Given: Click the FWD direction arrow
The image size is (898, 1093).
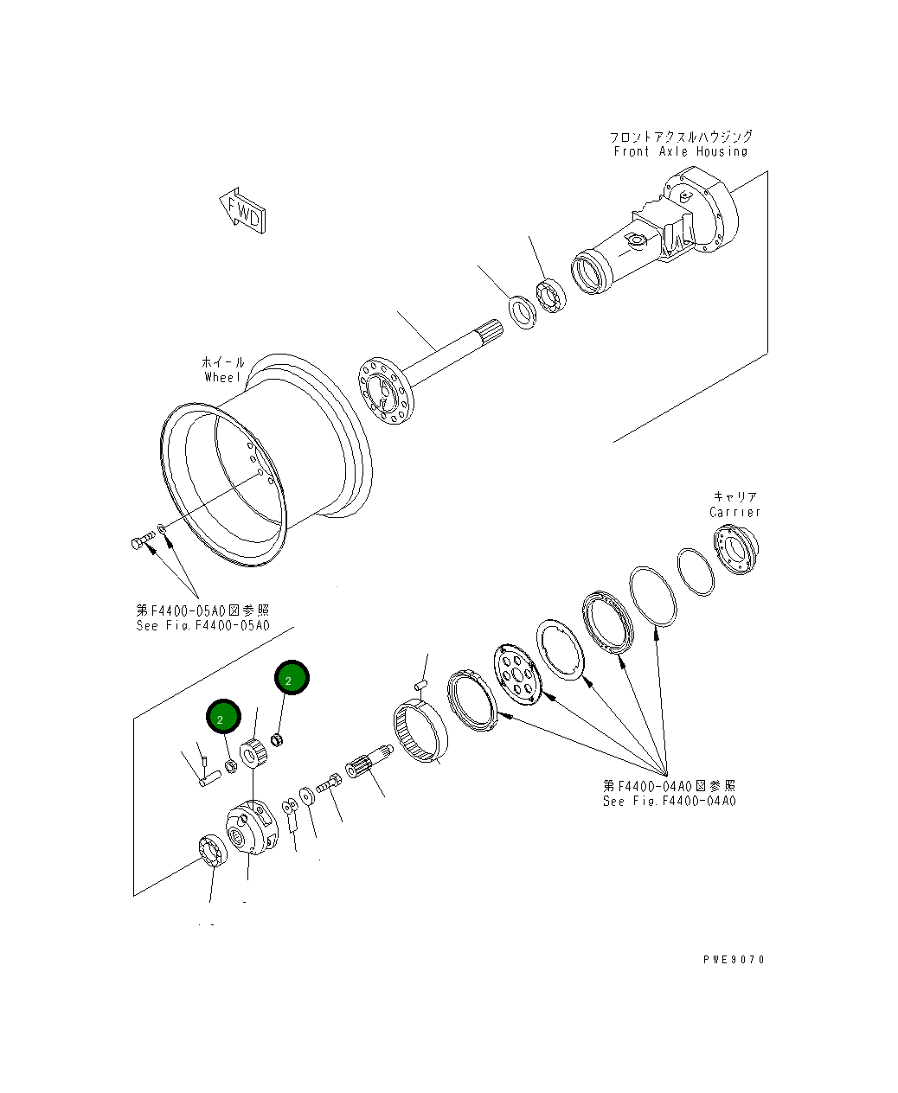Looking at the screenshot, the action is point(242,211).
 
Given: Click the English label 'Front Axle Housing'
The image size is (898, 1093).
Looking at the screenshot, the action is point(680,152).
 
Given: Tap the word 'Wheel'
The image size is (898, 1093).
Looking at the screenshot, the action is point(223,377).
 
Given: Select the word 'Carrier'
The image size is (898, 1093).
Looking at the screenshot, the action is point(734,512).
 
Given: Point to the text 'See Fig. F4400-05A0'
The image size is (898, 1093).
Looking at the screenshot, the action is point(202,625).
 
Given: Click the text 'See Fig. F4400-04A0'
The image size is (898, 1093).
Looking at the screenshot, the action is point(669,801).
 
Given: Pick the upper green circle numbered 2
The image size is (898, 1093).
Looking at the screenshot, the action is point(292,677).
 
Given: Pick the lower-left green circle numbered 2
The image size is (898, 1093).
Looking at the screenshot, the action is point(223,716).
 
